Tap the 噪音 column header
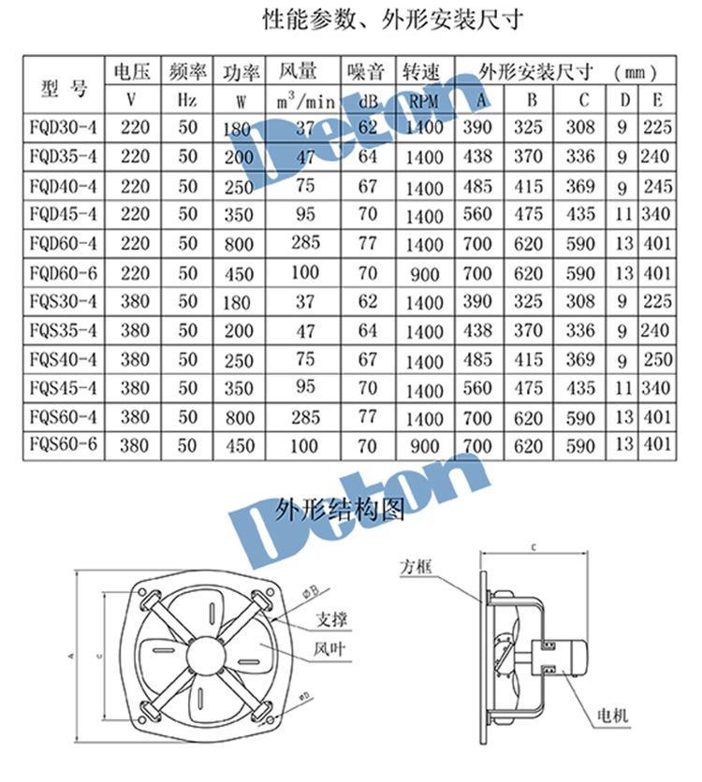tap(365, 71)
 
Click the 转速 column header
tap(423, 71)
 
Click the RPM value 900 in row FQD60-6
tap(424, 274)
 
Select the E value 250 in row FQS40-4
tap(658, 359)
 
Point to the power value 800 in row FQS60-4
tap(240, 417)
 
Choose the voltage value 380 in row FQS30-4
tap(135, 301)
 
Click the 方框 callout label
tap(415, 567)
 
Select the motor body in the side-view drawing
tap(567, 652)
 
